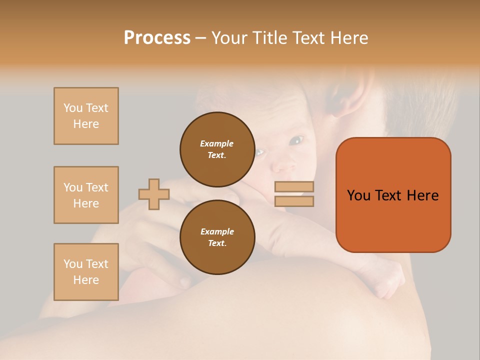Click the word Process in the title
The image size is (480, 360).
pyautogui.click(x=157, y=38)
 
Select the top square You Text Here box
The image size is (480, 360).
pyautogui.click(x=86, y=116)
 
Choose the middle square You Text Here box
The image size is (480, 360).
pyautogui.click(x=86, y=195)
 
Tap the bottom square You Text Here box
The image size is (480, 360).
pyautogui.click(x=86, y=272)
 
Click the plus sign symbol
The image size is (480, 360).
pyautogui.click(x=154, y=194)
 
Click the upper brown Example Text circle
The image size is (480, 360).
pyautogui.click(x=217, y=149)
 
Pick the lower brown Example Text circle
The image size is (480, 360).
pyautogui.click(x=217, y=237)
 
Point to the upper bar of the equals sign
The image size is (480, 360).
pyautogui.click(x=294, y=187)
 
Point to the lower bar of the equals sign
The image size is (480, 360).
pyautogui.click(x=294, y=201)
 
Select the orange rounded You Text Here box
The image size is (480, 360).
pyautogui.click(x=393, y=195)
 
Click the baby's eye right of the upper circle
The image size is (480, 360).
pyautogui.click(x=296, y=140)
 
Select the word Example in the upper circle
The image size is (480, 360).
pyautogui.click(x=217, y=143)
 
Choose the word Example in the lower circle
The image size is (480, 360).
pyautogui.click(x=217, y=231)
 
